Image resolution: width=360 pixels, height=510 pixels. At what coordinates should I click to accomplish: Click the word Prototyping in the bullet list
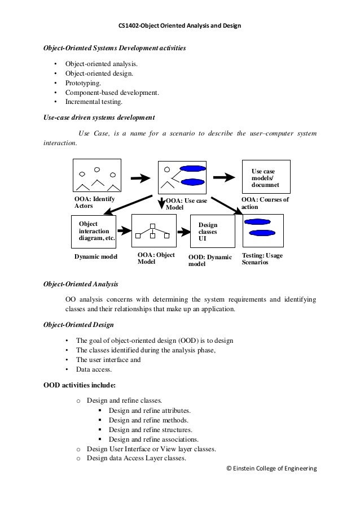(x=84, y=83)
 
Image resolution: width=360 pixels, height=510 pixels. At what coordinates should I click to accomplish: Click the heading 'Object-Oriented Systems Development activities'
(x=115, y=49)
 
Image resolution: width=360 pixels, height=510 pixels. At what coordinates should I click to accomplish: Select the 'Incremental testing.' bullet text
(x=93, y=103)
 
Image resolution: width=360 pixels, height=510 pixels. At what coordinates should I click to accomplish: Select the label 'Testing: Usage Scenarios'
(x=262, y=259)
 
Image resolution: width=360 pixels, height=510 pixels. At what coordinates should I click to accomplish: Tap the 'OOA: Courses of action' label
(x=265, y=203)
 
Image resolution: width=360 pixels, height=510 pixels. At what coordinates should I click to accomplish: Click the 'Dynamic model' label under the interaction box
(x=96, y=258)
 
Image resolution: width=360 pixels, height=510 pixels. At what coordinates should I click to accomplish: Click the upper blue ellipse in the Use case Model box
(x=192, y=168)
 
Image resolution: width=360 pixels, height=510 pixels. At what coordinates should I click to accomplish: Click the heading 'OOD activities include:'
(x=80, y=386)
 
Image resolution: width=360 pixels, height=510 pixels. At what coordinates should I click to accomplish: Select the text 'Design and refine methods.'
(x=148, y=420)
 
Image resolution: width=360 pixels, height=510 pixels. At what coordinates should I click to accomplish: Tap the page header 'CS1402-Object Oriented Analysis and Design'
(x=179, y=26)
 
